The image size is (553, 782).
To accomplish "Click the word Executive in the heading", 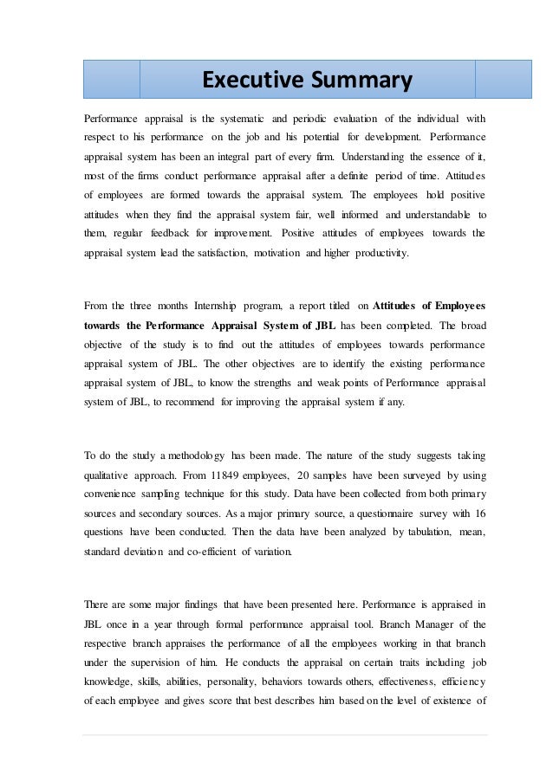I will [x=246, y=81].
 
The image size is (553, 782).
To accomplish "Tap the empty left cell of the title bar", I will [x=112, y=80].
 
